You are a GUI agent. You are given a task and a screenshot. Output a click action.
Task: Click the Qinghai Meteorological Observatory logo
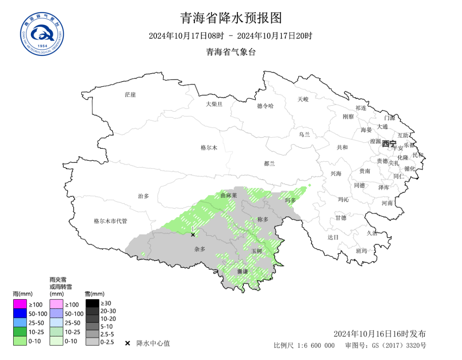tap(42, 34)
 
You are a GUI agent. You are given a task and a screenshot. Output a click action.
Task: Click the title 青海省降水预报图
tap(231, 18)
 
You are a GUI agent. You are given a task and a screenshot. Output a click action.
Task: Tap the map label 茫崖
tap(130, 94)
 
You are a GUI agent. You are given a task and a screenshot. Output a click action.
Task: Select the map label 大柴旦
tap(214, 104)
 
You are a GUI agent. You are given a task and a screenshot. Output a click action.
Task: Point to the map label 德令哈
tap(265, 106)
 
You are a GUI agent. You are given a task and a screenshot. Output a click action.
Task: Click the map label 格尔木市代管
tap(110, 221)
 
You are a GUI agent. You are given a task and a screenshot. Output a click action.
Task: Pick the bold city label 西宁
tap(389, 144)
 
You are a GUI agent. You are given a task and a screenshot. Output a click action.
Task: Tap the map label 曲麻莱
tap(228, 195)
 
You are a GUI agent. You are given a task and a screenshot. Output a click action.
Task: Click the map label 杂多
tap(200, 249)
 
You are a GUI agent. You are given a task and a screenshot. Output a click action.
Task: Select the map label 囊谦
tap(243, 271)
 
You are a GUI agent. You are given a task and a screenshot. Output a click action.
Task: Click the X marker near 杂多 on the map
tap(193, 235)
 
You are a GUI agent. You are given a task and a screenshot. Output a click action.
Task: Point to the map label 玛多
tap(290, 200)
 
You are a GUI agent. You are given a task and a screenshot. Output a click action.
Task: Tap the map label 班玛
tap(361, 251)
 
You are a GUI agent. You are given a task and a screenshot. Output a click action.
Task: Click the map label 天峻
tap(303, 99)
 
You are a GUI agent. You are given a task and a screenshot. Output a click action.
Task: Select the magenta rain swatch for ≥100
tap(20, 304)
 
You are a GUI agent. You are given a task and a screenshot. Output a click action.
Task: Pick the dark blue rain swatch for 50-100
tap(20, 313)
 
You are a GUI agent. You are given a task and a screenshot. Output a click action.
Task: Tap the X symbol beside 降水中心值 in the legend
tap(127, 343)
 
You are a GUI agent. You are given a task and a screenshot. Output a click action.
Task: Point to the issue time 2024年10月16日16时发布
tap(379, 334)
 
